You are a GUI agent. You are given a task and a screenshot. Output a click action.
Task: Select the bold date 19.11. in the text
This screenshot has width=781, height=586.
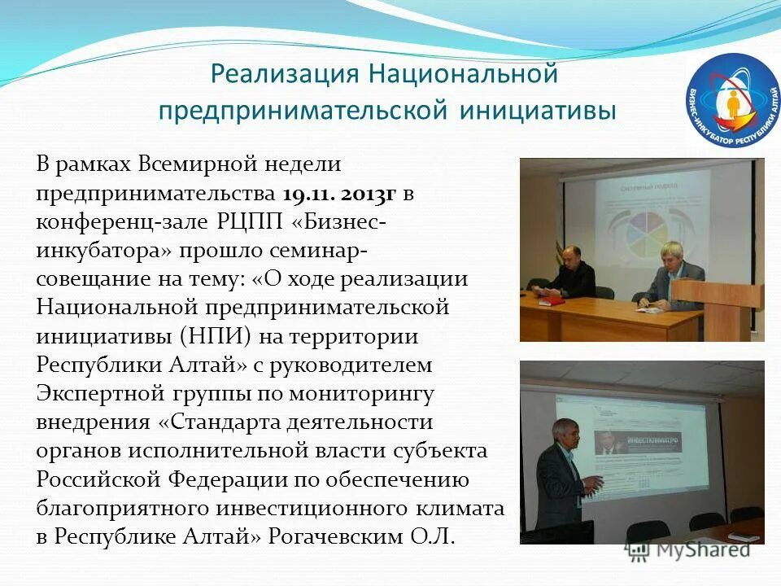pyautogui.click(x=309, y=194)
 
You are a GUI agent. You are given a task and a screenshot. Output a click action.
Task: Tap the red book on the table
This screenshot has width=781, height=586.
pyautogui.click(x=551, y=300)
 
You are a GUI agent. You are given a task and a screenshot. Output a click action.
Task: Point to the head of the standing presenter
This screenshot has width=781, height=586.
pyautogui.click(x=563, y=432)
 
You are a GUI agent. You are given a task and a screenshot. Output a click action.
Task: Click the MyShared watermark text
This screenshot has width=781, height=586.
pyautogui.click(x=701, y=549)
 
